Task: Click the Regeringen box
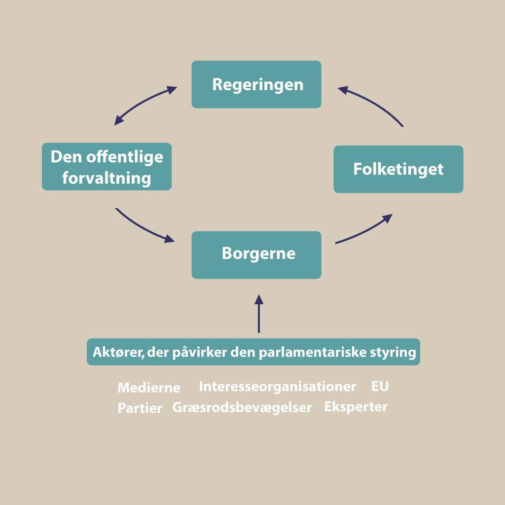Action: [256, 84]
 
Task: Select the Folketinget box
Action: [398, 169]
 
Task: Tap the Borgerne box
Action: [256, 255]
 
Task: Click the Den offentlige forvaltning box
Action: [107, 167]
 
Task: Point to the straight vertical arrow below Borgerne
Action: [259, 313]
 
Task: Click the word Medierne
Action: [149, 388]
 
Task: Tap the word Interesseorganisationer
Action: [277, 387]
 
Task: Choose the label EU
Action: [380, 386]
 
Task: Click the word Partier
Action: [140, 408]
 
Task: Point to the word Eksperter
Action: [356, 407]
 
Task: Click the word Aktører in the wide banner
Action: [118, 352]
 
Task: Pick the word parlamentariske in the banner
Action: [313, 352]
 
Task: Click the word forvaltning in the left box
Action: [107, 178]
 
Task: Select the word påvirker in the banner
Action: [200, 352]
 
